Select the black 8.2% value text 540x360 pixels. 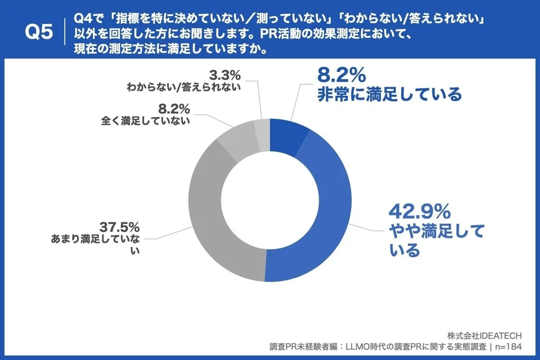point(173,108)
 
